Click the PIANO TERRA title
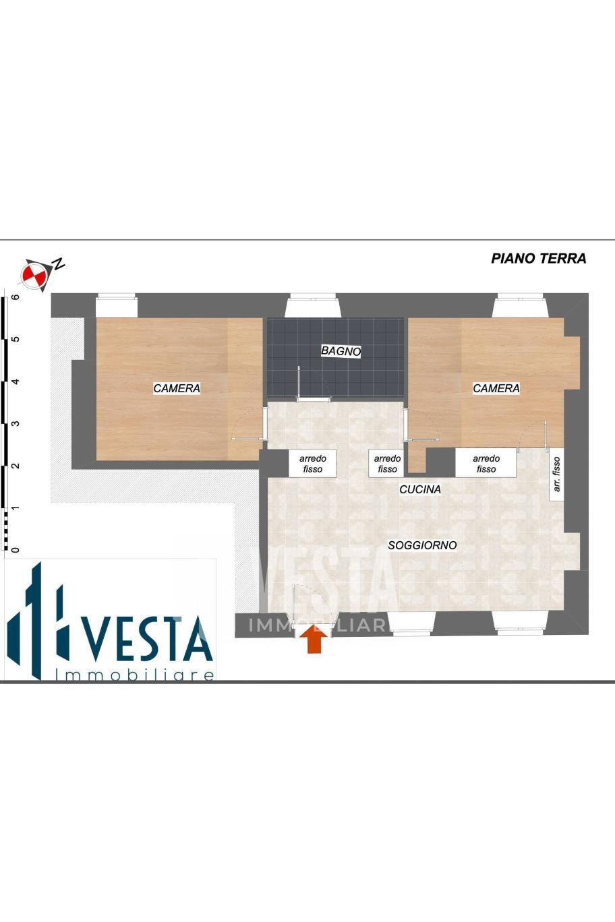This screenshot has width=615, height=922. pyautogui.click(x=538, y=258)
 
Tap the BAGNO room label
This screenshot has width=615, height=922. pyautogui.click(x=341, y=351)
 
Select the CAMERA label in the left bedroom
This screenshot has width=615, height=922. pyautogui.click(x=177, y=388)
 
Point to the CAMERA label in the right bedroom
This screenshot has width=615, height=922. pyautogui.click(x=496, y=388)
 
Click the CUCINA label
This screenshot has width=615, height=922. pyautogui.click(x=419, y=489)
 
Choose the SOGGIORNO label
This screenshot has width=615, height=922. pyautogui.click(x=422, y=545)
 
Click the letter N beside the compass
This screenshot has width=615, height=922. pyautogui.click(x=58, y=264)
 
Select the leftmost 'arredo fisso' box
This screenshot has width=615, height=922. pyautogui.click(x=313, y=464)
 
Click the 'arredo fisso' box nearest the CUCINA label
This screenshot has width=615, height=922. pyautogui.click(x=387, y=464)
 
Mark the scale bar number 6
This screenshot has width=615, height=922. pyautogui.click(x=16, y=297)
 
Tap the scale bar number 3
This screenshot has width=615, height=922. pyautogui.click(x=16, y=423)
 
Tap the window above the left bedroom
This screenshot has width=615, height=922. pyautogui.click(x=116, y=305)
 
